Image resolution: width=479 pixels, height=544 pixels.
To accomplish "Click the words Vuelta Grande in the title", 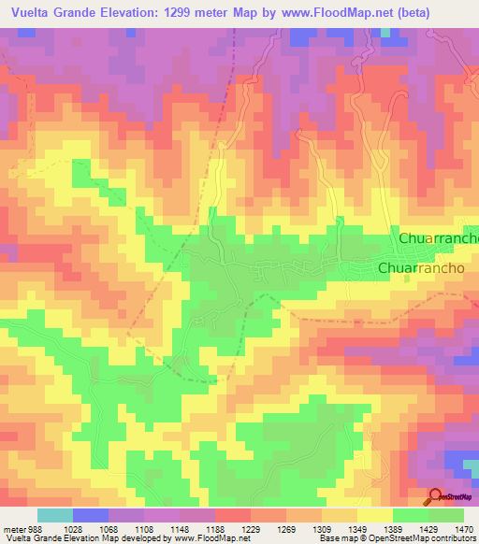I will coord(57,14).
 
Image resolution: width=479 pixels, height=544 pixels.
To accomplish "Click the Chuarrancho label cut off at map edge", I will coord(438,238).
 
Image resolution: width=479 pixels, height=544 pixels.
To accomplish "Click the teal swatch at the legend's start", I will coord(55,515).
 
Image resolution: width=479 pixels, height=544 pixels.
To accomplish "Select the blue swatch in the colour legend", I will coord(91,515).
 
